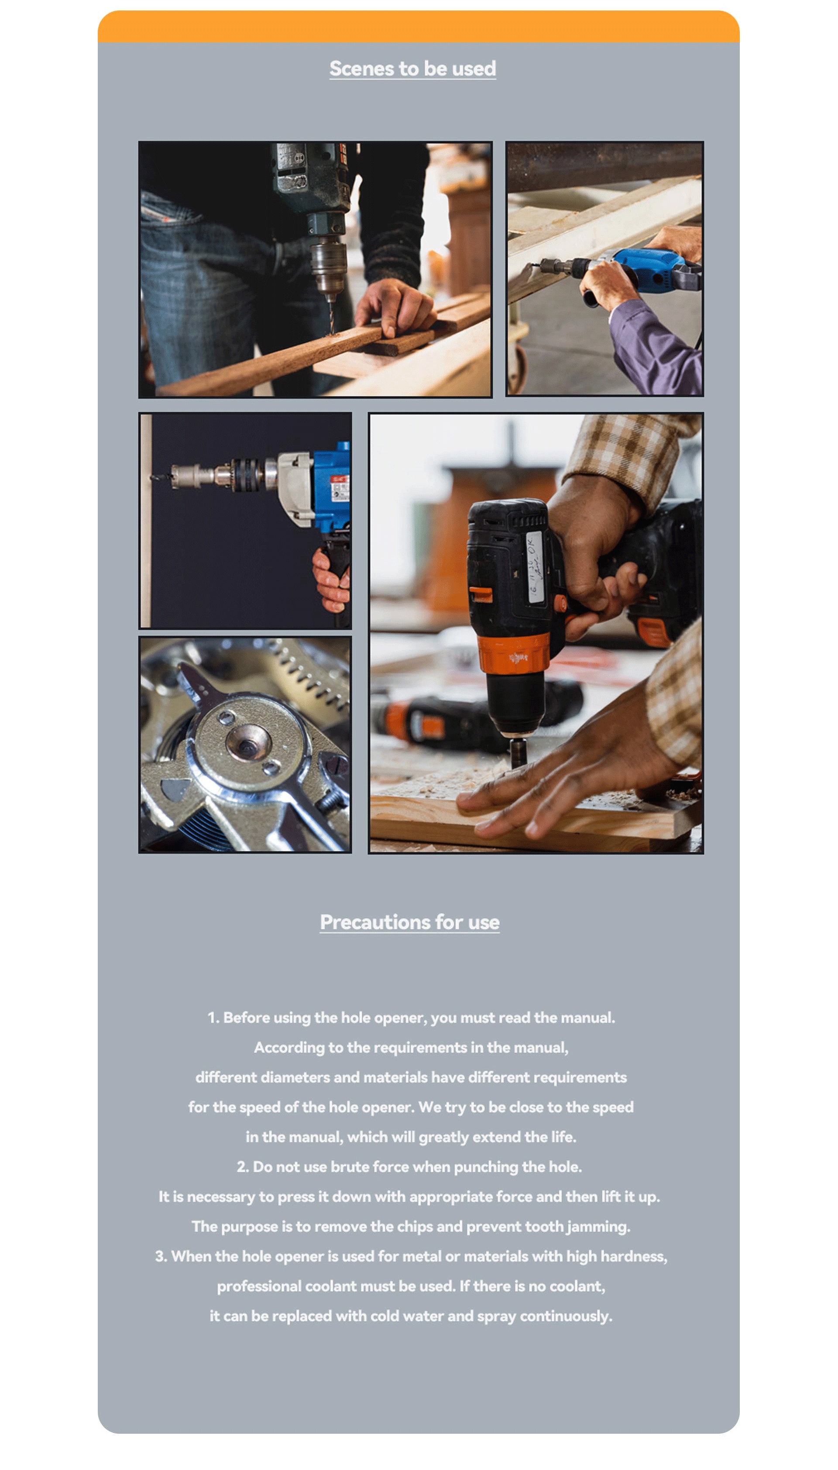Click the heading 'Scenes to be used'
click(412, 69)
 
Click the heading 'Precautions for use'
click(410, 922)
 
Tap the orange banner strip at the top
click(419, 27)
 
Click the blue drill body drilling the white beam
click(650, 268)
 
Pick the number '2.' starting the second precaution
click(243, 1167)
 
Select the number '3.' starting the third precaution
click(161, 1256)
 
